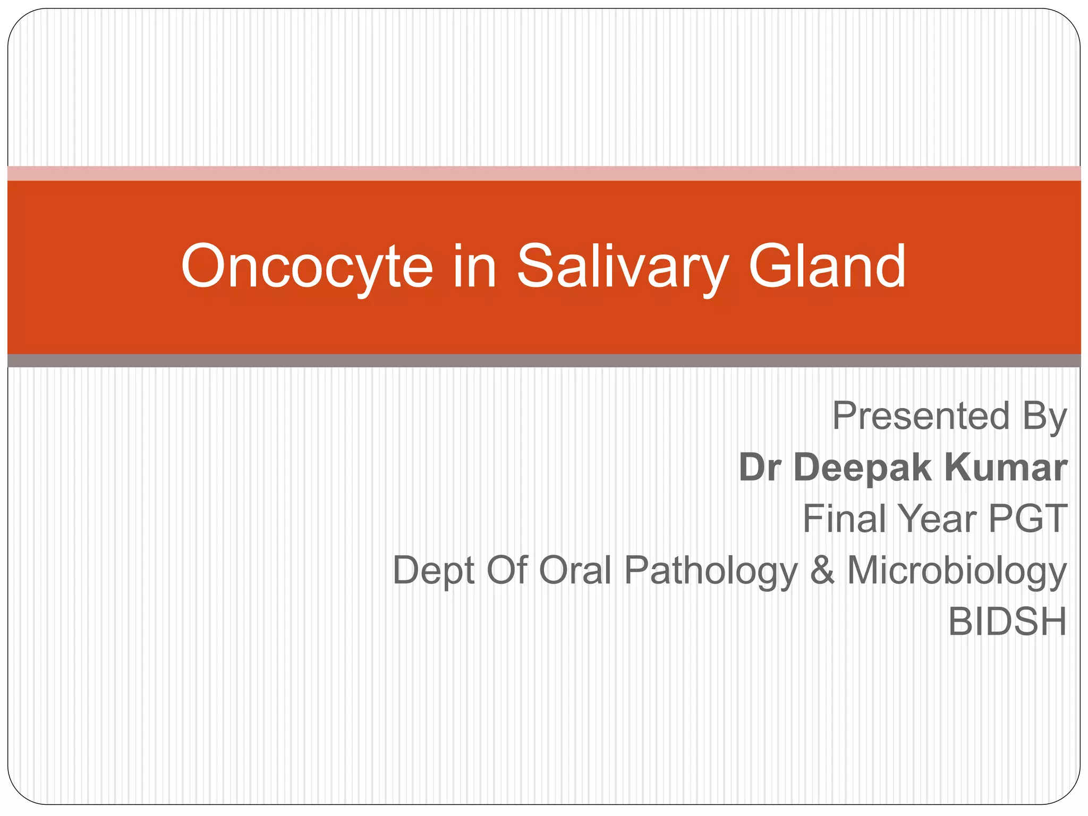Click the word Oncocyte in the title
click(x=307, y=267)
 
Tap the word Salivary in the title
click(x=622, y=267)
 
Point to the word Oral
click(x=575, y=570)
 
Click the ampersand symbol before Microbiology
click(x=822, y=570)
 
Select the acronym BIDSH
click(x=1007, y=622)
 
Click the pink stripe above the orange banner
click(x=544, y=173)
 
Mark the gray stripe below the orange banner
click(x=544, y=361)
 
